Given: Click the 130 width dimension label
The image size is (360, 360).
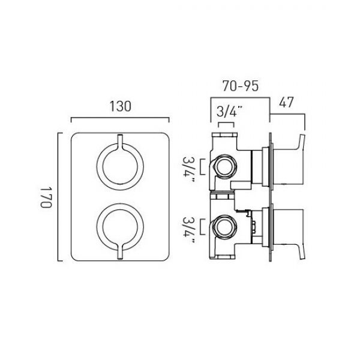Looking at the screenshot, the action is pos(121,107).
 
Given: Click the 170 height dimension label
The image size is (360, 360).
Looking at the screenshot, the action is pos(46,197).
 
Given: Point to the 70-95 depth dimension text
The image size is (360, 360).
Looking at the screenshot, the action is pos(240,86).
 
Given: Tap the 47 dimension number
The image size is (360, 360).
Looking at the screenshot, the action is pos(286,103).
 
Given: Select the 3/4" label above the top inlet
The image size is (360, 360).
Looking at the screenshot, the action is pos(229,112).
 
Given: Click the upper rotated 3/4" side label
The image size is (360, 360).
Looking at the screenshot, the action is pos(189,169).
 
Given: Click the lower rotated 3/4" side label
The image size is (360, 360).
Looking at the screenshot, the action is pos(189,230).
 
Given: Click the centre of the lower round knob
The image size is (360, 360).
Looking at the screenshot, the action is pos(120,227).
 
